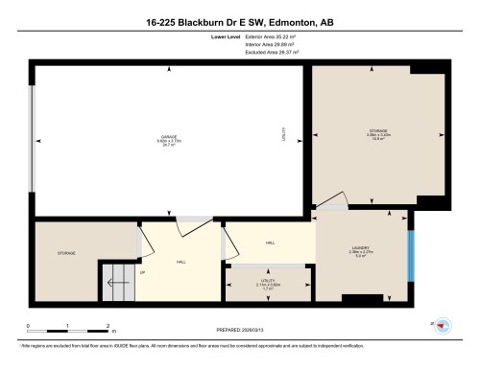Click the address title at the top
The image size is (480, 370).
point(240,21)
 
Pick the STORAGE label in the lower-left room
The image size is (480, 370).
point(66,253)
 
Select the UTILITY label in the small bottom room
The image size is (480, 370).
point(268,283)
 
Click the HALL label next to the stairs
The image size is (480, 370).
point(180,262)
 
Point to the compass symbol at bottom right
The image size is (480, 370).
point(443,326)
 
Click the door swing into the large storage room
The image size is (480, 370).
point(332,200)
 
